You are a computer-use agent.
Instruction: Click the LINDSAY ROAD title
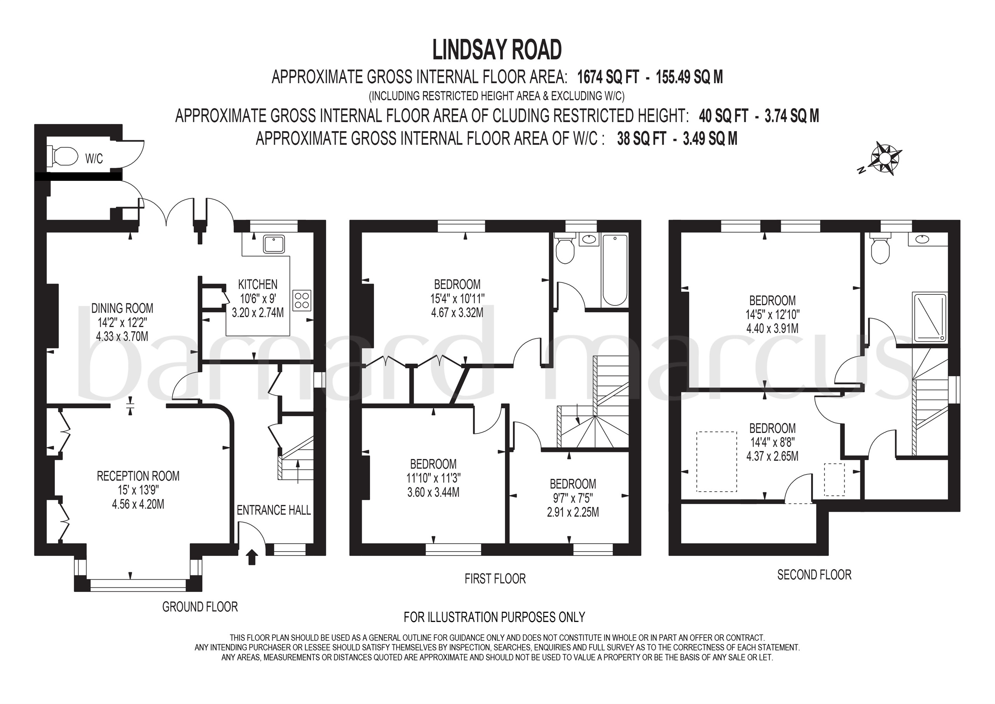coord(497,50)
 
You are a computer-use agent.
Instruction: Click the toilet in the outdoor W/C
coord(65,156)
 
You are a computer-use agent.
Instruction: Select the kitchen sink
coord(274,244)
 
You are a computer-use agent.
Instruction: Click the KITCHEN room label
coord(258,285)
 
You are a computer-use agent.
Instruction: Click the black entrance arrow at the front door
coord(251,557)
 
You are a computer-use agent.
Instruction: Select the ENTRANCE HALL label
coord(274,510)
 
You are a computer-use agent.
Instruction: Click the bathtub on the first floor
coord(615,270)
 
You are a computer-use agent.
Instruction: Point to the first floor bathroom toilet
coord(565,248)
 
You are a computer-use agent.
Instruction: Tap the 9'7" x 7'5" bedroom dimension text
coord(573,498)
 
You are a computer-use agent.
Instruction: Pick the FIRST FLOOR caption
coord(495,579)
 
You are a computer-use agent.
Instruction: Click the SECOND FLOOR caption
coord(814,575)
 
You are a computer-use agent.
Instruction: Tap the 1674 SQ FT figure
coord(608,77)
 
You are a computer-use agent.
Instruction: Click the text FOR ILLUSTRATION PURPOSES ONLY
coord(494,617)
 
